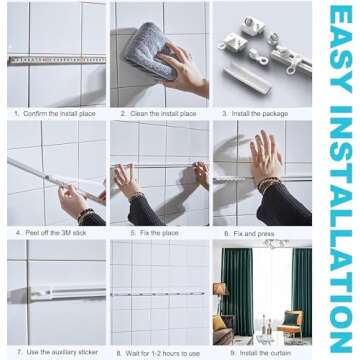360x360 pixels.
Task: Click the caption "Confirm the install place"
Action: [58, 113]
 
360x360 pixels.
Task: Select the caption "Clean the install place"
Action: [160, 113]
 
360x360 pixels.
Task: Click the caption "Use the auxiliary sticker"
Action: [59, 352]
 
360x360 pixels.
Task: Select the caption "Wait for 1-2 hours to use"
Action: [160, 352]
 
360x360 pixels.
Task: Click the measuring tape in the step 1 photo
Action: [55, 60]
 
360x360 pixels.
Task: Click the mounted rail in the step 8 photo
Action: [160, 294]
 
